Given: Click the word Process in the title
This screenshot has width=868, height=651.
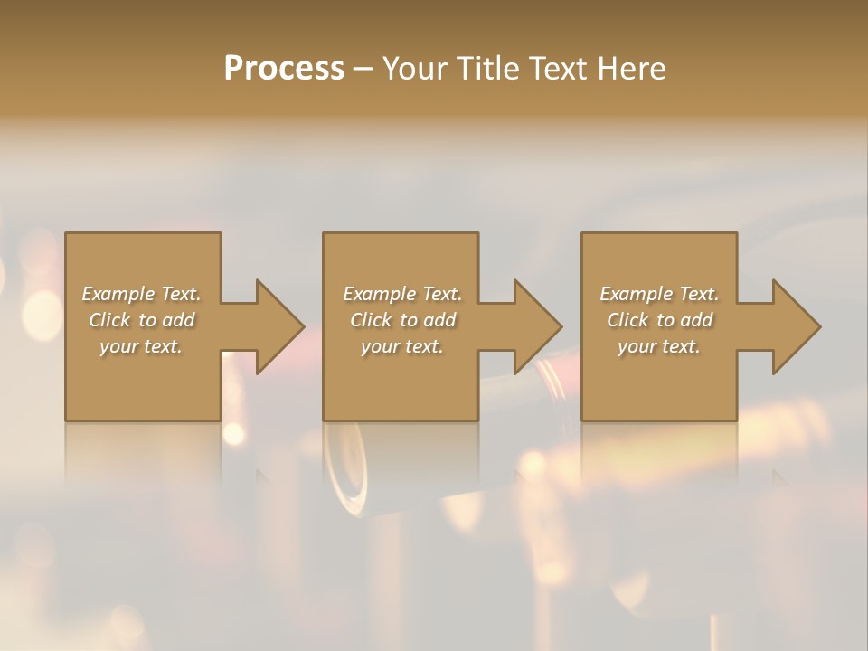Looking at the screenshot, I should pos(284,69).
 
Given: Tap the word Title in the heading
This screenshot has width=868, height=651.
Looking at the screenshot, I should pos(483,69).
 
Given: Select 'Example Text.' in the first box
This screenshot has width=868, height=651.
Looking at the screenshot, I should pos(141,294).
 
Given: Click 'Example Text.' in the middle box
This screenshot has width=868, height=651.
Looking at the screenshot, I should pos(401,294).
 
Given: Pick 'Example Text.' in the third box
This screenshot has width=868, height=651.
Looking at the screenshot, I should pos(659,294).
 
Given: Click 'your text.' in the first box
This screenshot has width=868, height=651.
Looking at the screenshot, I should pos(141,346).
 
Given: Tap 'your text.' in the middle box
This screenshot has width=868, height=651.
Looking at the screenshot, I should pos(401,346).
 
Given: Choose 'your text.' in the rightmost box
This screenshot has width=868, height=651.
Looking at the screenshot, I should pos(659,346).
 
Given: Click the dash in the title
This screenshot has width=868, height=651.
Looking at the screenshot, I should pos(363,69).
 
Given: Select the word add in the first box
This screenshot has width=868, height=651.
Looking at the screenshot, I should pos(180,320).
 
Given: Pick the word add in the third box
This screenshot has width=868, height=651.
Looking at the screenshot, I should pos(698,320).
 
